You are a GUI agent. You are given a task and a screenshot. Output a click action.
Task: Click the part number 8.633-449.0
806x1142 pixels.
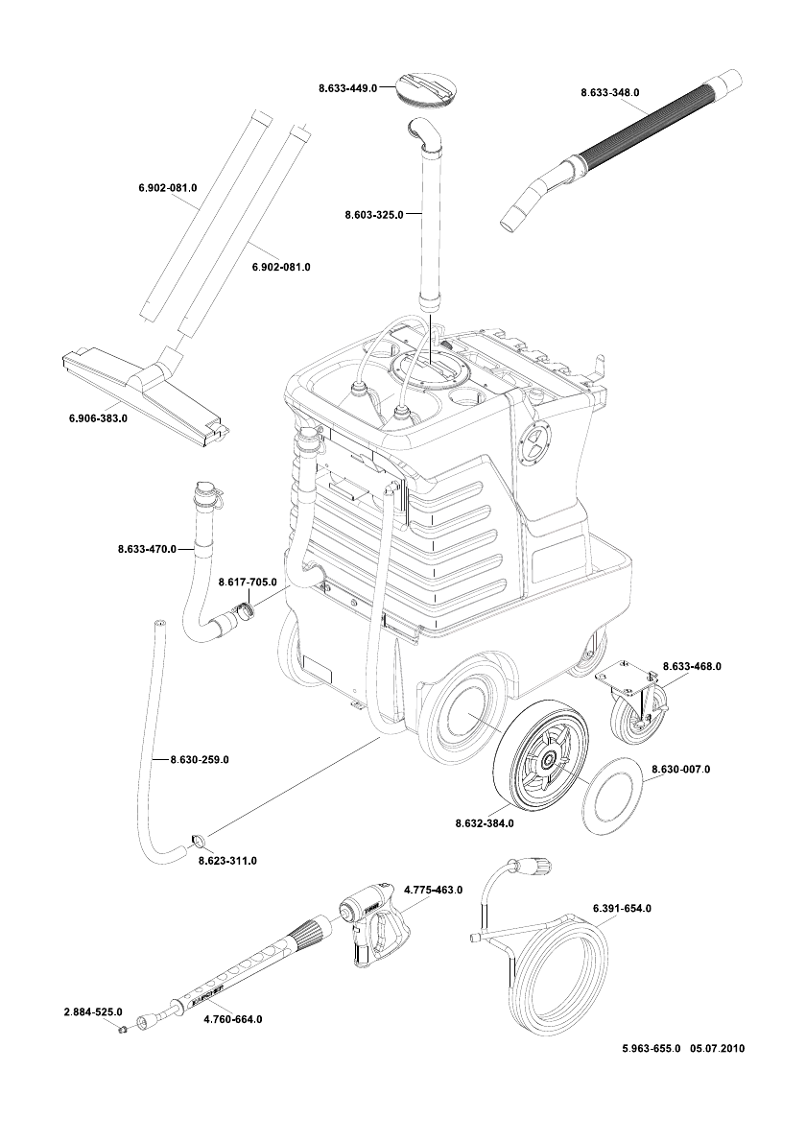click(x=347, y=88)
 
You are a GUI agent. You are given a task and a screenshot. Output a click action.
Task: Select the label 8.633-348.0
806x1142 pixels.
click(x=610, y=92)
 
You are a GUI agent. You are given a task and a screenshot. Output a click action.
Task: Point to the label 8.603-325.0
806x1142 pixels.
click(x=373, y=215)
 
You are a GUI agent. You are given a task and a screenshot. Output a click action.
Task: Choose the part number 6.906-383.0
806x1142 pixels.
click(x=98, y=418)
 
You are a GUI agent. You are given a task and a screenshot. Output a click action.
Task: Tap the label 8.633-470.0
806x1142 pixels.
click(x=147, y=549)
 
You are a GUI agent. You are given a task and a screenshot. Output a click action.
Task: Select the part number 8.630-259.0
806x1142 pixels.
click(x=200, y=760)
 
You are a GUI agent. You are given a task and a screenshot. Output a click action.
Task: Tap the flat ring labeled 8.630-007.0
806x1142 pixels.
click(x=614, y=793)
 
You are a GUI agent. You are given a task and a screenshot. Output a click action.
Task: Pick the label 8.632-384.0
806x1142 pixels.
click(x=485, y=823)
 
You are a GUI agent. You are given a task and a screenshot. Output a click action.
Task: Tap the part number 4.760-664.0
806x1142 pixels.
click(x=233, y=1019)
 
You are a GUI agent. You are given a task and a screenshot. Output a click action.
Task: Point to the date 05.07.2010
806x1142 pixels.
click(x=717, y=1049)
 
